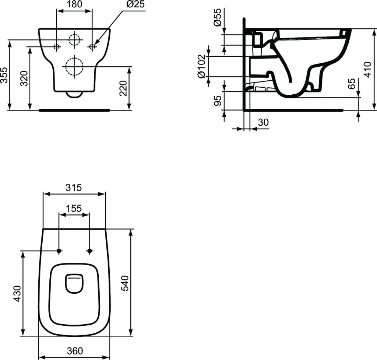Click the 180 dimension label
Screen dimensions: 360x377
(74, 4)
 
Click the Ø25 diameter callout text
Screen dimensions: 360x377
(135, 4)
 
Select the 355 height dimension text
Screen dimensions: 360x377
(4, 76)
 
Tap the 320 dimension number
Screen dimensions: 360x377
(24, 78)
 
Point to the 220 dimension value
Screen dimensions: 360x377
(124, 88)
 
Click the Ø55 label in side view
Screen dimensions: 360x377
(218, 17)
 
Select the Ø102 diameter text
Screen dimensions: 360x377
(201, 66)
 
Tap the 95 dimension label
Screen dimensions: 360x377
(218, 101)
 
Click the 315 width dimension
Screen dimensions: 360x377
(74, 188)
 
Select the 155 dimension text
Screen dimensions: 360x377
(74, 209)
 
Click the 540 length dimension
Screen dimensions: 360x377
(125, 283)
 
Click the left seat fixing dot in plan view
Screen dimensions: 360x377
(59, 251)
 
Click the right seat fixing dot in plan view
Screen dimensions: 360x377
(89, 251)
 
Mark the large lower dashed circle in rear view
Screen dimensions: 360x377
(74, 67)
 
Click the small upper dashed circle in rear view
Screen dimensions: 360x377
(74, 39)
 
